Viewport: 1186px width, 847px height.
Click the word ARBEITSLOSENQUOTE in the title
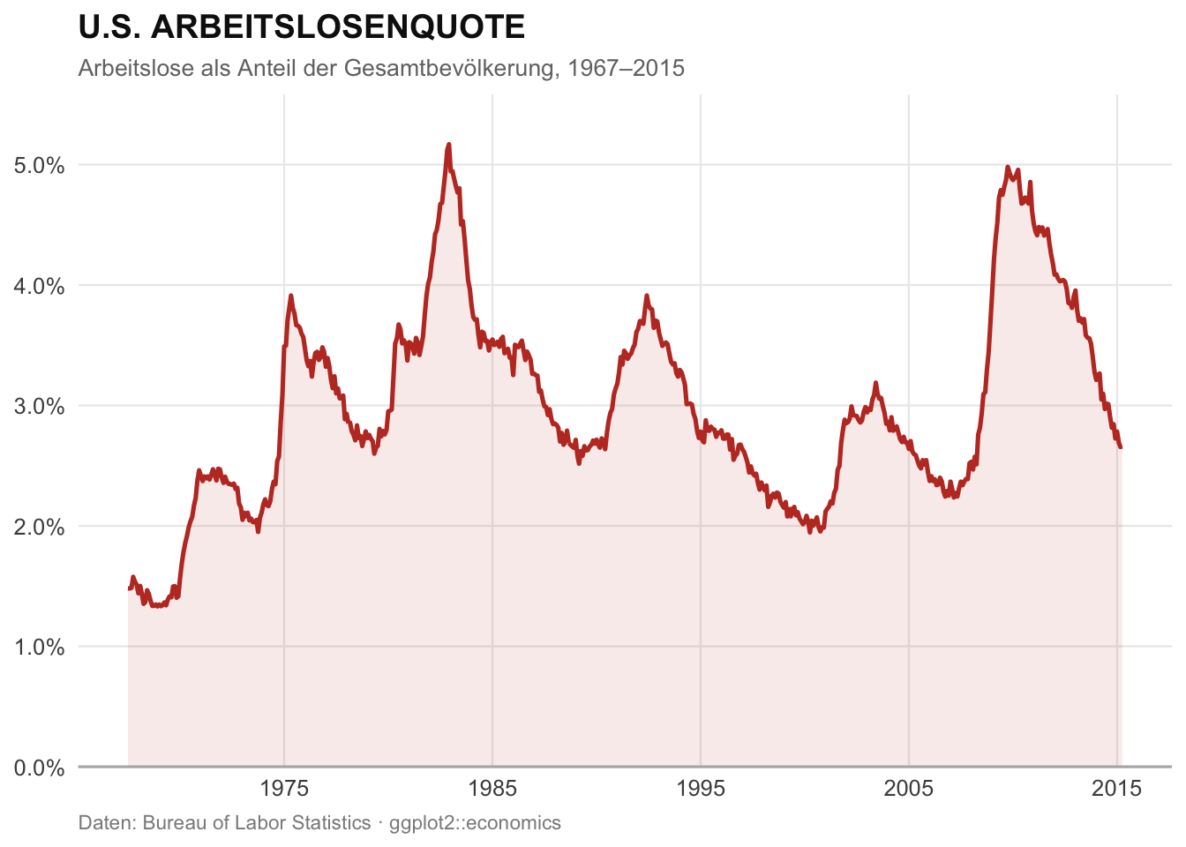click(x=338, y=27)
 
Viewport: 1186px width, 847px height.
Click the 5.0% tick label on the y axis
click(x=40, y=165)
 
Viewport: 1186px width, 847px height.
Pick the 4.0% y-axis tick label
click(x=40, y=286)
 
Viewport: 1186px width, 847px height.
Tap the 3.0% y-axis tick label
click(x=40, y=407)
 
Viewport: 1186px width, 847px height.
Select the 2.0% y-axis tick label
click(x=40, y=528)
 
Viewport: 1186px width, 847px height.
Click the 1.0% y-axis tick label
click(x=40, y=648)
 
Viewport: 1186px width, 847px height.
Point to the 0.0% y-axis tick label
click(x=40, y=768)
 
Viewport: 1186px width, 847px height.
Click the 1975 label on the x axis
click(x=284, y=788)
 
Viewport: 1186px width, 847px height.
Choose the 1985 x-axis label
click(x=492, y=788)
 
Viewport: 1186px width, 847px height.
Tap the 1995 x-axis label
click(x=701, y=788)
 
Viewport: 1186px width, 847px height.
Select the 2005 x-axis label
click(x=909, y=788)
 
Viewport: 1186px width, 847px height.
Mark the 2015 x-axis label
click(x=1117, y=788)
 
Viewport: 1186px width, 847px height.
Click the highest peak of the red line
click(x=449, y=144)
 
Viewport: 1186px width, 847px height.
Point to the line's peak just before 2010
click(x=1007, y=167)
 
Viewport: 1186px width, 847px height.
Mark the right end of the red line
click(x=1121, y=447)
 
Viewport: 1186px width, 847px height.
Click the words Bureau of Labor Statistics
click(x=257, y=823)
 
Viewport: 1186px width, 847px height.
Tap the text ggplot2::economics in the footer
click(x=475, y=823)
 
